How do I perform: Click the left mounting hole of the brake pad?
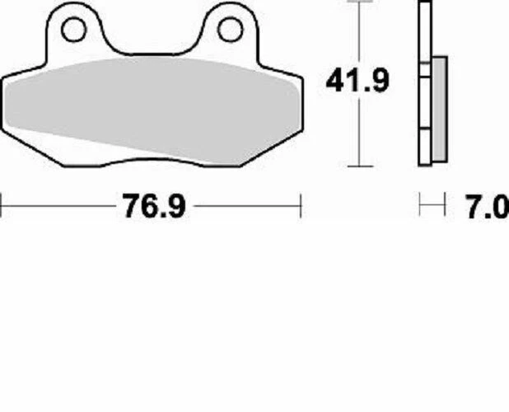pyautogui.click(x=73, y=30)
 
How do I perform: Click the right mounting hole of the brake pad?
pyautogui.click(x=228, y=30)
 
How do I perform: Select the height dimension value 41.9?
pyautogui.click(x=357, y=81)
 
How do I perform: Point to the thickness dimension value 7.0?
pyautogui.click(x=487, y=206)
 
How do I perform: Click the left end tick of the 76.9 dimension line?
pyautogui.click(x=2, y=206)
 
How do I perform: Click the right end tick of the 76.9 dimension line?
pyautogui.click(x=301, y=206)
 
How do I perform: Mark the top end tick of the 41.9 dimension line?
pyautogui.click(x=357, y=2)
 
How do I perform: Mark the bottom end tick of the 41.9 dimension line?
pyautogui.click(x=357, y=166)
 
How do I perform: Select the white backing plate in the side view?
pyautogui.click(x=424, y=82)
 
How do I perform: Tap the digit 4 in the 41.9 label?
pyautogui.click(x=336, y=81)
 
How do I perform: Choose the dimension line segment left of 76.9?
pyautogui.click(x=58, y=206)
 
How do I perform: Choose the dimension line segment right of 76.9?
pyautogui.click(x=247, y=206)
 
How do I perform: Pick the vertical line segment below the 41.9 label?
pyautogui.click(x=357, y=132)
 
